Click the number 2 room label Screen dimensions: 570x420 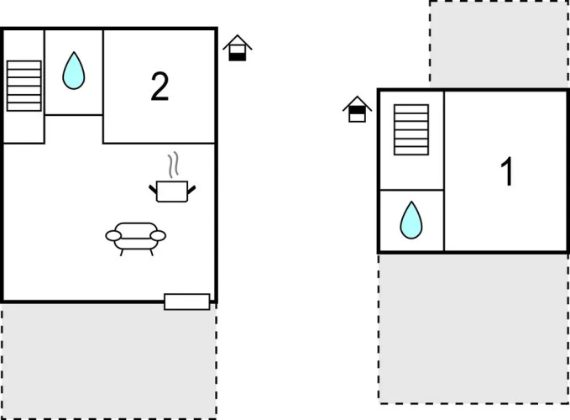(159, 87)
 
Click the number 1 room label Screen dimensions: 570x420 (507, 171)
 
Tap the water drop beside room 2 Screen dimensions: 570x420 (73, 71)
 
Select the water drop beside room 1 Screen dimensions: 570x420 (411, 220)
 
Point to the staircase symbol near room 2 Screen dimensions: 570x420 (24, 86)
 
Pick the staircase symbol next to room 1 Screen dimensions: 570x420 (411, 130)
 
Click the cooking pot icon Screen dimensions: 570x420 (172, 191)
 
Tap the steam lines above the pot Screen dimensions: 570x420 (174, 165)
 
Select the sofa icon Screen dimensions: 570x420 (136, 239)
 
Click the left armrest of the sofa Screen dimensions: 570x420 (113, 236)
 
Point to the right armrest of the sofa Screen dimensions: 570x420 (158, 236)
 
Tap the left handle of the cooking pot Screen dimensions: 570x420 (153, 189)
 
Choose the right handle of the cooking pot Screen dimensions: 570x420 (191, 189)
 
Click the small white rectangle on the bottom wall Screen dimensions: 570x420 (187, 302)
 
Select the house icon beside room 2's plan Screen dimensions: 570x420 (238, 48)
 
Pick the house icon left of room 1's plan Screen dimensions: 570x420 (357, 108)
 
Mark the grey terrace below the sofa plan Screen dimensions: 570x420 (109, 361)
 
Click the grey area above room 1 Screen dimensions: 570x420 (499, 45)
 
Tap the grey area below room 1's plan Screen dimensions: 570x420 (473, 328)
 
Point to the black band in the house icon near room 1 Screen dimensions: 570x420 (357, 110)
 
